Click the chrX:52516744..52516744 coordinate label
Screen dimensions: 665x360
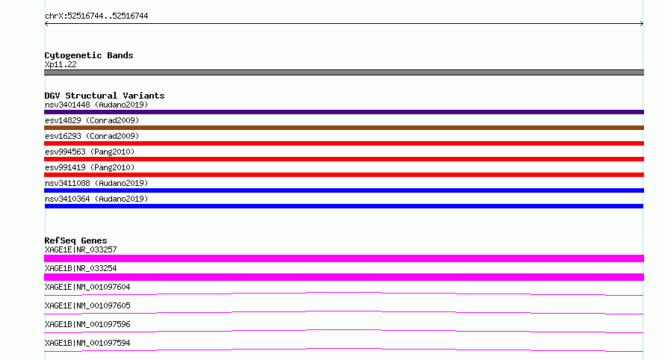(x=96, y=16)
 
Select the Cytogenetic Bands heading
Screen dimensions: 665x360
(x=89, y=55)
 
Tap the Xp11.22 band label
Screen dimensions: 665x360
(x=61, y=64)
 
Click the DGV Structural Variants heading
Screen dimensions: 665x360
(x=105, y=96)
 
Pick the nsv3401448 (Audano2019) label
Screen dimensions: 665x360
(x=96, y=105)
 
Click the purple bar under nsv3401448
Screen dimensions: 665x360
(x=344, y=112)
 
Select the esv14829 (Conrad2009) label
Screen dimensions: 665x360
(x=92, y=120)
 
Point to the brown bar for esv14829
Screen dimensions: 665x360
(x=344, y=128)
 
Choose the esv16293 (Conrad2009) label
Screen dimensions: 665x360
(x=92, y=136)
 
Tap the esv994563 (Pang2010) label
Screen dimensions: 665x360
(x=90, y=152)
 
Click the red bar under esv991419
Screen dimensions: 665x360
(x=344, y=175)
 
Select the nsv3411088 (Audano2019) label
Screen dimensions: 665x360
(x=96, y=183)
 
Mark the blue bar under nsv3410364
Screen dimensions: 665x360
(x=344, y=206)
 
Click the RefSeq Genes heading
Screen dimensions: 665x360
(x=75, y=240)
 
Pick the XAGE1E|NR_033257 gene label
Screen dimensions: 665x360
(x=81, y=249)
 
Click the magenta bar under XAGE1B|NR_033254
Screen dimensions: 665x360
(x=344, y=277)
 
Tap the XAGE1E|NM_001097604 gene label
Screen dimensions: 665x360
(x=87, y=287)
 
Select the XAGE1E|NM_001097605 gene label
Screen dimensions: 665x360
(x=87, y=305)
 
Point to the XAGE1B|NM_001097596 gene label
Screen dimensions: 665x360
(x=87, y=324)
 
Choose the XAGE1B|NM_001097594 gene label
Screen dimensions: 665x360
(x=87, y=343)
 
